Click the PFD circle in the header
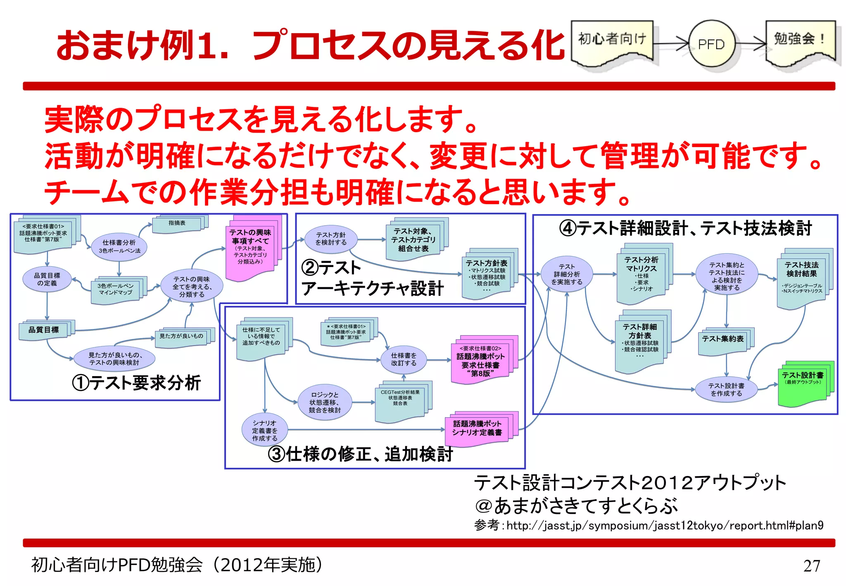tap(711, 44)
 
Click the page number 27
tap(811, 565)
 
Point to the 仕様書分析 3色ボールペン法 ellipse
tap(119, 247)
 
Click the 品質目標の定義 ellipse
tap(47, 279)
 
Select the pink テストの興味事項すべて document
tap(250, 250)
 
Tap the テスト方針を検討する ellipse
tap(331, 239)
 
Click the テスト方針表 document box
tap(486, 275)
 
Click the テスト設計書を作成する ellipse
tap(726, 389)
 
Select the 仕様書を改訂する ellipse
tap(404, 359)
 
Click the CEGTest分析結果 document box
tap(400, 400)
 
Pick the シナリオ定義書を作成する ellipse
tap(265, 430)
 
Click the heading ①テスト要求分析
tap(136, 383)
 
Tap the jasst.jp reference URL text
tap(665, 525)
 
